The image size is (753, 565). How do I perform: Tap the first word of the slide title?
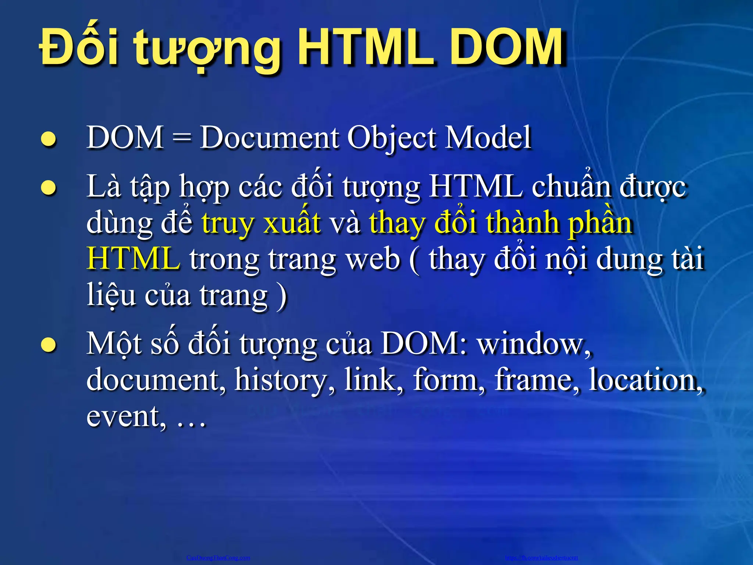tap(79, 48)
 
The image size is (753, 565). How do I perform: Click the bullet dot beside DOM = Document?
tap(49, 139)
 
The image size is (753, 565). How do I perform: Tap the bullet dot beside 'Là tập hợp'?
tap(49, 188)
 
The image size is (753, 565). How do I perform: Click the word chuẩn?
tap(571, 186)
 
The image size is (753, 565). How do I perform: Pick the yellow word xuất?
tap(292, 223)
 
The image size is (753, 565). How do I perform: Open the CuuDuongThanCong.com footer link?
tap(218, 558)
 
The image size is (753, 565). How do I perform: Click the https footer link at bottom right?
tap(541, 558)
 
